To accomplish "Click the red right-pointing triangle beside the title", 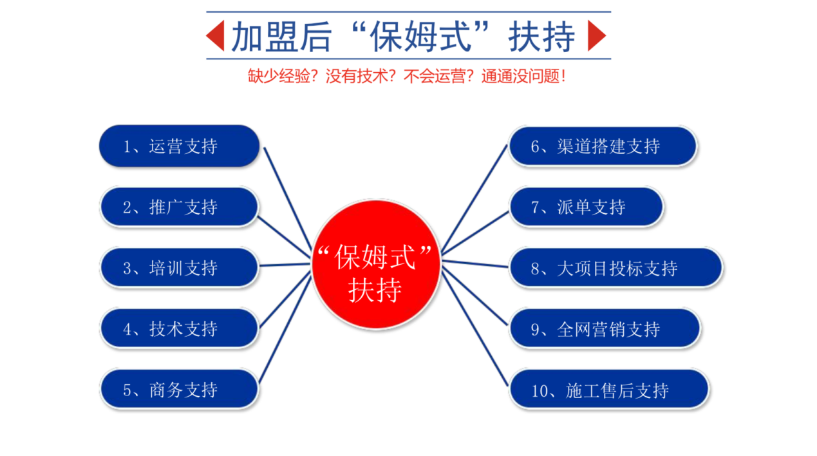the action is pyautogui.click(x=595, y=36).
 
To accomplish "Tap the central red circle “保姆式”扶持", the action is pyautogui.click(x=376, y=265).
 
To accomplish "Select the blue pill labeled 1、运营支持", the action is pyautogui.click(x=179, y=146).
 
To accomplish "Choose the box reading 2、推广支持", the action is pyautogui.click(x=179, y=207).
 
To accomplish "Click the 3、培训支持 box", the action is pyautogui.click(x=179, y=267).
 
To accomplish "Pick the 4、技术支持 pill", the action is pyautogui.click(x=179, y=328).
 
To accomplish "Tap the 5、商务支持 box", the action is pyautogui.click(x=179, y=389).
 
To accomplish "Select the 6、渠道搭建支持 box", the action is pyautogui.click(x=603, y=146).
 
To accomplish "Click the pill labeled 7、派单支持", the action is pyautogui.click(x=586, y=207).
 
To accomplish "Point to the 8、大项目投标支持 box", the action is pyautogui.click(x=615, y=267).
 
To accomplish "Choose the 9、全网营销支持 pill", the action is pyautogui.click(x=605, y=328).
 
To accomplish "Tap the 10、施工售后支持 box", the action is pyautogui.click(x=609, y=389).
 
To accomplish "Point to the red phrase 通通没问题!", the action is pyautogui.click(x=523, y=76).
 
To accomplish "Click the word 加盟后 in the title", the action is pyautogui.click(x=281, y=36).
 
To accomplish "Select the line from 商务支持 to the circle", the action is pyautogui.click(x=285, y=329).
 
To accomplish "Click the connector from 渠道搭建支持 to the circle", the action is pyautogui.click(x=474, y=198).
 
